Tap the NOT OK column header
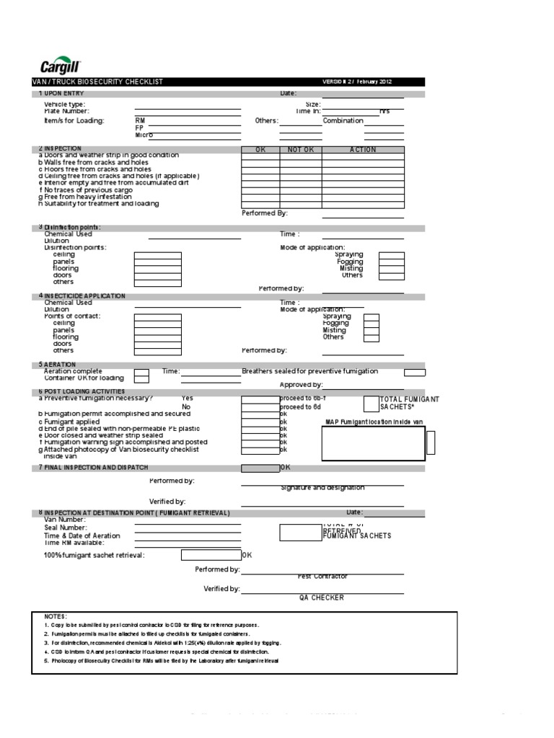[x=300, y=150]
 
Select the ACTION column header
[x=363, y=150]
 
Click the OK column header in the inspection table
[x=260, y=150]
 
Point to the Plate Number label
[x=66, y=111]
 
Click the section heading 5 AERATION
[x=57, y=365]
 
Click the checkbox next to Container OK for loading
[x=142, y=375]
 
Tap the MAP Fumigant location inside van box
[x=372, y=442]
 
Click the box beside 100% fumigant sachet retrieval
[x=211, y=555]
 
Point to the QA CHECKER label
[x=322, y=597]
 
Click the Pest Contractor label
[x=322, y=577]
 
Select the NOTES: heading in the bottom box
[x=56, y=617]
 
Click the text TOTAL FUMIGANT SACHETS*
[x=409, y=403]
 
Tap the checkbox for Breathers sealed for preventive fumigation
[x=414, y=373]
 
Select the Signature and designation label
[x=322, y=488]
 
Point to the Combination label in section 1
[x=343, y=121]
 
